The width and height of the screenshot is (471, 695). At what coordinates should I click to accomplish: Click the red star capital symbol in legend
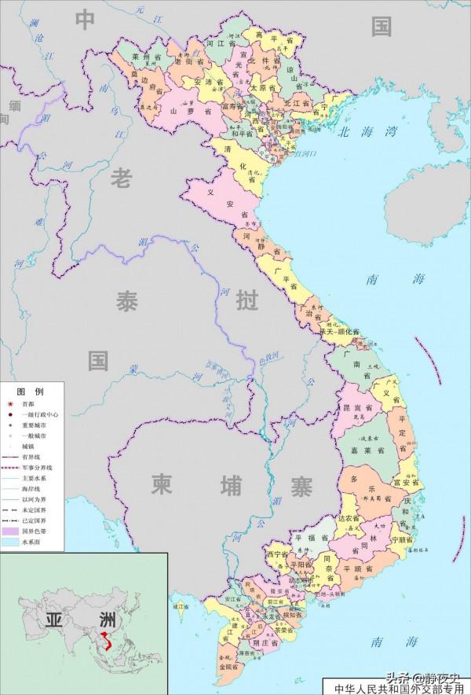(10, 403)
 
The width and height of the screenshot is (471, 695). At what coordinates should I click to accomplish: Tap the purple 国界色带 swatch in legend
(10, 531)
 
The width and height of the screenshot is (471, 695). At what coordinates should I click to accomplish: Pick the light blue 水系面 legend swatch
(10, 542)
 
